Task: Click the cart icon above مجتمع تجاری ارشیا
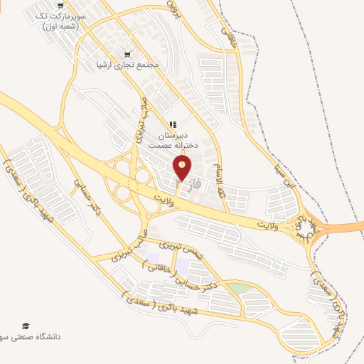128,53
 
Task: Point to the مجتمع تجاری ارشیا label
128,65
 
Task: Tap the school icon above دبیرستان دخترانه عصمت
173,124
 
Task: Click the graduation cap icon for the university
26,326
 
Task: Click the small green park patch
240,288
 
